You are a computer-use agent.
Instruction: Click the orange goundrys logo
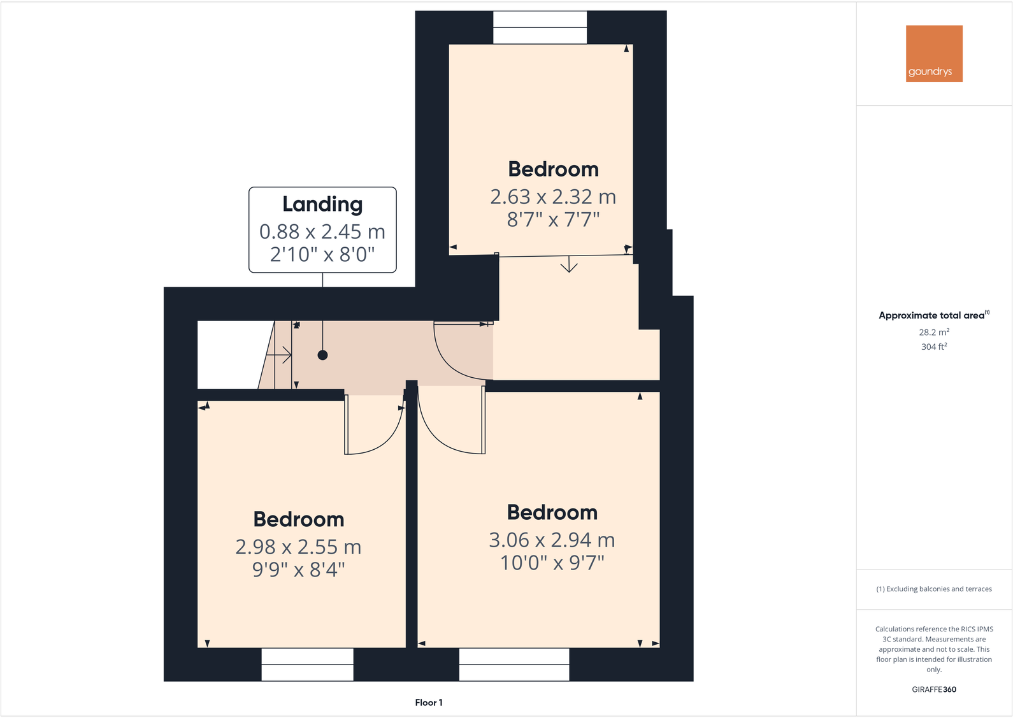tap(934, 54)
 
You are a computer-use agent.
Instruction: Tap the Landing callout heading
tap(322, 205)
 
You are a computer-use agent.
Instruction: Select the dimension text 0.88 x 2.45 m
tap(322, 232)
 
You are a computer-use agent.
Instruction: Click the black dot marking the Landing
tap(322, 355)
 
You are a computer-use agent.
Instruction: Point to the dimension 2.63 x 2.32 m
tap(553, 197)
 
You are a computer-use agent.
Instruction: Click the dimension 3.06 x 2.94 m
tap(552, 540)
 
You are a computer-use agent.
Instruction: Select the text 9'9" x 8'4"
tap(298, 569)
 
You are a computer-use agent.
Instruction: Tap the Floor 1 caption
tap(429, 703)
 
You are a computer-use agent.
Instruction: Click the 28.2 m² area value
tap(934, 332)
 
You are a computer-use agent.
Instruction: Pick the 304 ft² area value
tap(934, 347)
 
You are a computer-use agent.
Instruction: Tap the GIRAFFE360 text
tap(934, 689)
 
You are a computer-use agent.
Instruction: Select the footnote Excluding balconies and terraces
tap(934, 589)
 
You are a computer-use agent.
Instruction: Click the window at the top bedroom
tap(540, 27)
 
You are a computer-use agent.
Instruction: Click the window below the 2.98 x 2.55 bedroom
tap(307, 664)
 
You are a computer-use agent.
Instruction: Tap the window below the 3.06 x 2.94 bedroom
tap(514, 664)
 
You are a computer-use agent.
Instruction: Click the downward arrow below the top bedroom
tap(569, 264)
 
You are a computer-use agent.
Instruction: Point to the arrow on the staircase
tap(280, 355)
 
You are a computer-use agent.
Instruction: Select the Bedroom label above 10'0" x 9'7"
tap(552, 512)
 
